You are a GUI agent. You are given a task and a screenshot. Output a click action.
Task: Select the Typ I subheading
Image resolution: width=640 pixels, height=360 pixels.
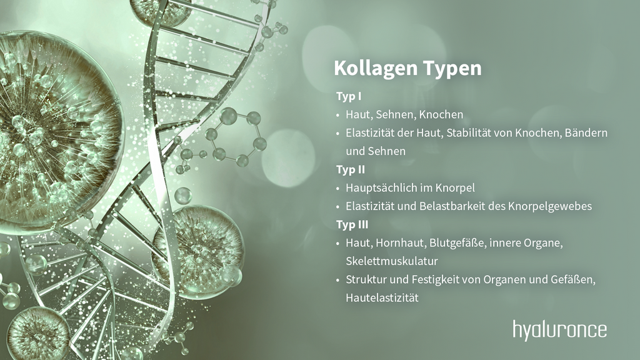tap(349, 97)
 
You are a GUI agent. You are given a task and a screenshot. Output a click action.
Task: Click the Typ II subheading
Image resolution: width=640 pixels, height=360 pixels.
tap(350, 170)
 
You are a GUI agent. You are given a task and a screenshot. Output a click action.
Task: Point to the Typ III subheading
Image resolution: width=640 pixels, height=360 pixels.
tap(352, 225)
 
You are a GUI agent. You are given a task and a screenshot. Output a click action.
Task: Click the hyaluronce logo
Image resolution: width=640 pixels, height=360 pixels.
tap(559, 330)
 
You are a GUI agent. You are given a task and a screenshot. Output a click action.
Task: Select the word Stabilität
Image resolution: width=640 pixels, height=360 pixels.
tap(471, 132)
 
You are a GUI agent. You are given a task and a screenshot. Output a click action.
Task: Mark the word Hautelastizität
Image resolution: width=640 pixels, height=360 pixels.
tap(382, 298)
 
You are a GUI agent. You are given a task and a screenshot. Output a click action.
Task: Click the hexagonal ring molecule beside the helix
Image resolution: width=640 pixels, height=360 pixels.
tap(236, 137)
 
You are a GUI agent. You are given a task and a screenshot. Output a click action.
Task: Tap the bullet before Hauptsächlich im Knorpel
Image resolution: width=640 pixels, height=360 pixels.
tap(337, 189)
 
